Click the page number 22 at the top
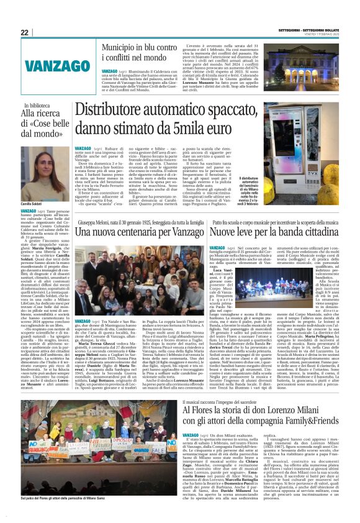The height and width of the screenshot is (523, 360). coord(25,32)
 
